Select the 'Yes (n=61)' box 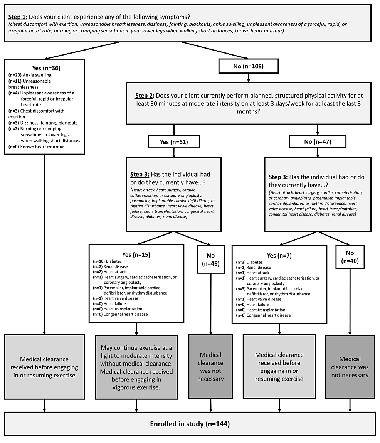click(174, 142)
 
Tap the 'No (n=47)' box click(318, 142)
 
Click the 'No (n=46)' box click(210, 259)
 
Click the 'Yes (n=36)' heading click(44, 68)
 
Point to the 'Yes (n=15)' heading click(136, 254)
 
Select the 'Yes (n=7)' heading click(279, 255)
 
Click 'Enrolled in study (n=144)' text click(190, 424)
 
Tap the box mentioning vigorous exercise click(136, 367)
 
